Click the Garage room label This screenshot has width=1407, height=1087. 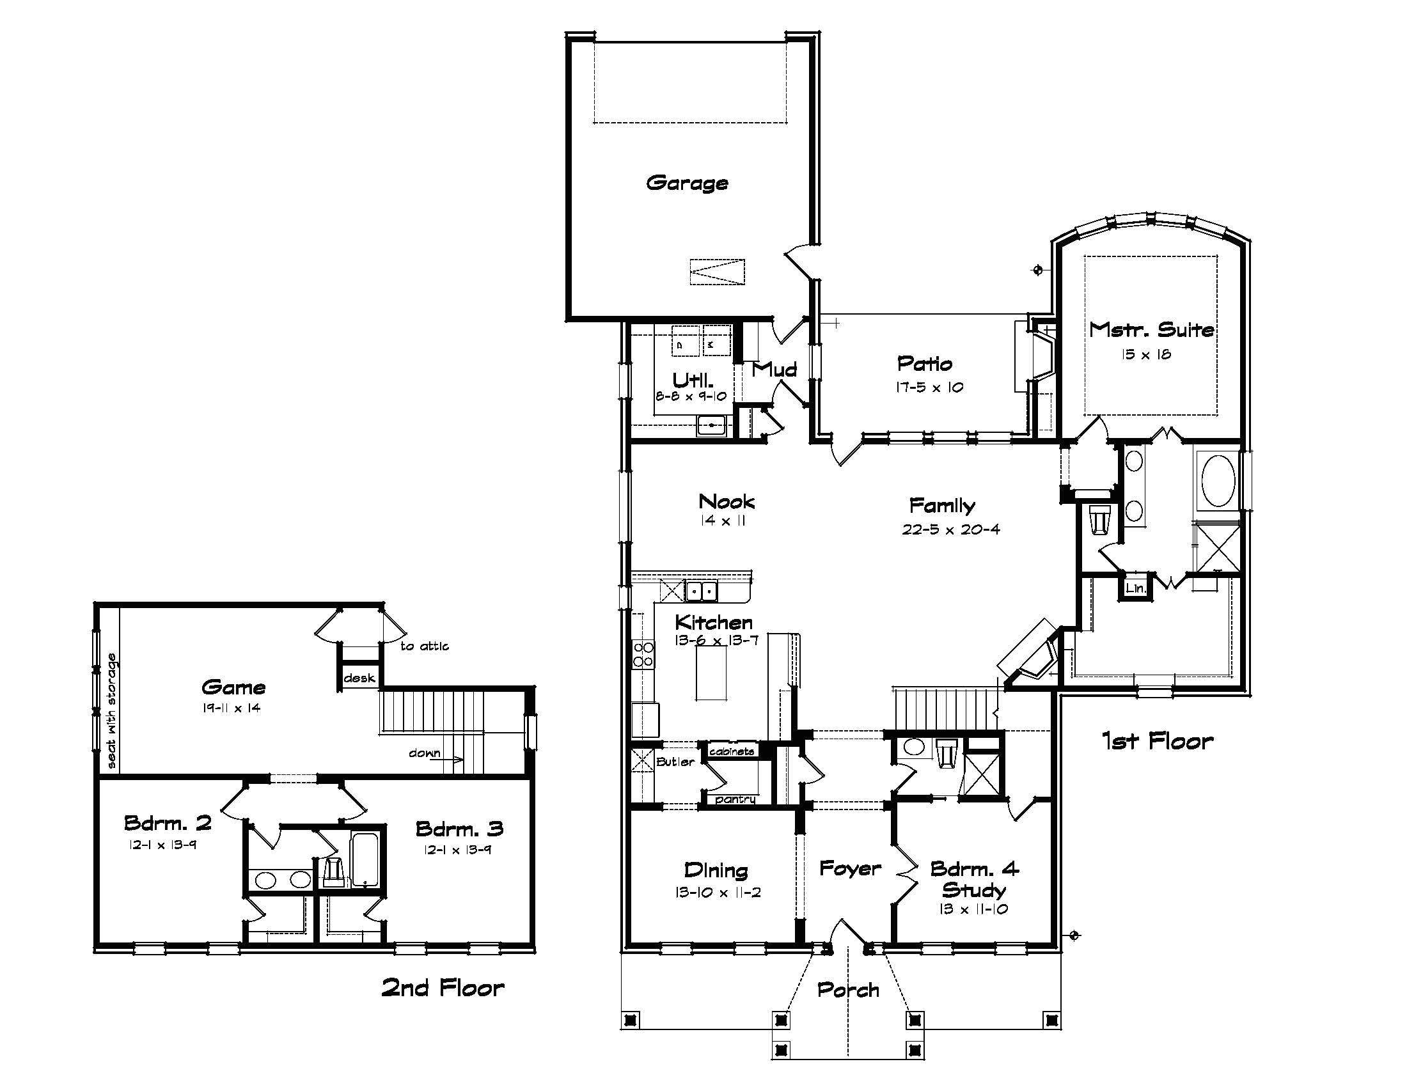[687, 183]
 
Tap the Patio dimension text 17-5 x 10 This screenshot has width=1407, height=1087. [929, 387]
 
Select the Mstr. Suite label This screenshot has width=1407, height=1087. [1151, 330]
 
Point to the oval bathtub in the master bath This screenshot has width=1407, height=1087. [1216, 481]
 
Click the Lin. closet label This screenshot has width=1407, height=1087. [1135, 588]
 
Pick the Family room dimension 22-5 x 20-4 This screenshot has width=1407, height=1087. [951, 529]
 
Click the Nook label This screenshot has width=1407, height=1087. [726, 501]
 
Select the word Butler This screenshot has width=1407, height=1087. [675, 762]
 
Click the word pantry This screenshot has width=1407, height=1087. [735, 799]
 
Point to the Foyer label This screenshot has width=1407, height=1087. [850, 869]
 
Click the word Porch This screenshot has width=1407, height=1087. [848, 990]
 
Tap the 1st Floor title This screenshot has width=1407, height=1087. [1157, 741]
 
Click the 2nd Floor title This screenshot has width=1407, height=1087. [443, 987]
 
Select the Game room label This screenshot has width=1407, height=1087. [233, 687]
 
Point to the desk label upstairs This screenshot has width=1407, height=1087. [359, 678]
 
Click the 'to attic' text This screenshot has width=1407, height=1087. [424, 646]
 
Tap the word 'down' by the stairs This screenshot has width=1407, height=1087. [424, 753]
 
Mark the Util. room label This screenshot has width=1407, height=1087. [693, 380]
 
